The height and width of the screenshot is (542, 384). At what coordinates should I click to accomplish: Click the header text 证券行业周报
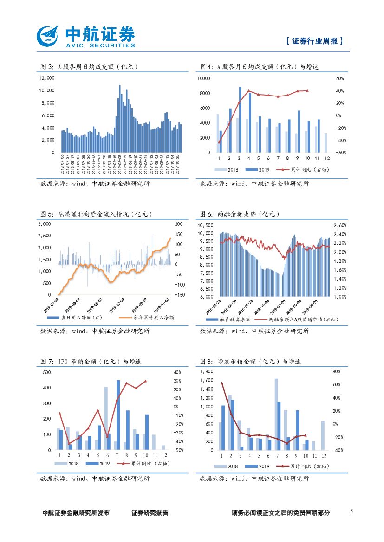coord(314,41)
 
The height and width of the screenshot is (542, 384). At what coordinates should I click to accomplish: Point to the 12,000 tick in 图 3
coord(47,78)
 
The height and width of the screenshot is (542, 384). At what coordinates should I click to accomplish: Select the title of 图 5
coord(97,214)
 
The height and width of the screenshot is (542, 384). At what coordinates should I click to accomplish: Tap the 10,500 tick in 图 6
coord(205,225)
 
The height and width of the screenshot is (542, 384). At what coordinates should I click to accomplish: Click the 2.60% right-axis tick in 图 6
coord(340,225)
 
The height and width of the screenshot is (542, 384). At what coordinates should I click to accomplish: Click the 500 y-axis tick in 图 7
coord(47,372)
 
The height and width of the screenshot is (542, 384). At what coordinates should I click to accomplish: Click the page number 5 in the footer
coord(351,511)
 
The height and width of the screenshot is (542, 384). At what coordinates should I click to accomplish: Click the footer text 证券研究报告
coord(150,513)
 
